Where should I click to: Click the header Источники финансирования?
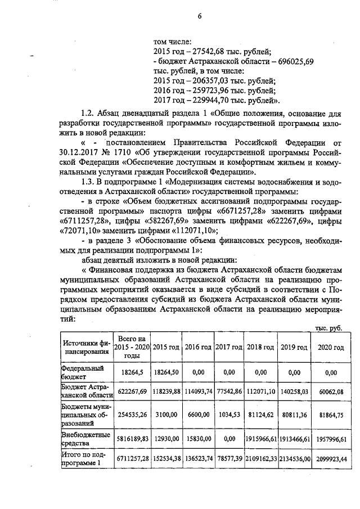point(85,347)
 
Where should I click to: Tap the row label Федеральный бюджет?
point(81,372)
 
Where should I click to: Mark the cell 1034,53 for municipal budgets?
point(229,415)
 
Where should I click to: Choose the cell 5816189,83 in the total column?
point(131,439)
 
